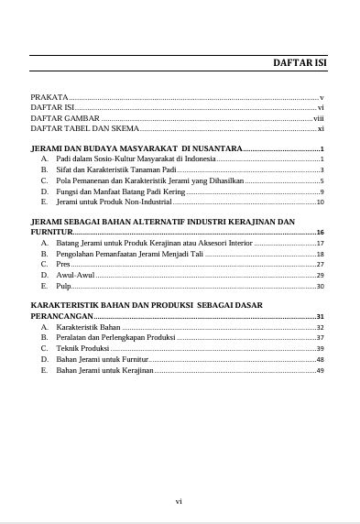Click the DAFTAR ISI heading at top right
point(300,63)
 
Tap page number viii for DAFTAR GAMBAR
point(319,118)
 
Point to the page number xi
point(321,129)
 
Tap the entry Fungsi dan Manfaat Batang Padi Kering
point(120,191)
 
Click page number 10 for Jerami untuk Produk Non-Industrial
point(321,202)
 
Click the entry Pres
point(63,264)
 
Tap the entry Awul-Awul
point(75,275)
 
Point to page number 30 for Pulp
point(321,286)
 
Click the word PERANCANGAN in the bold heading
point(61,316)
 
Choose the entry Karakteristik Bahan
point(88,327)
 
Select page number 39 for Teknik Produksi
point(321,349)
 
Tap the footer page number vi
point(180,501)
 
